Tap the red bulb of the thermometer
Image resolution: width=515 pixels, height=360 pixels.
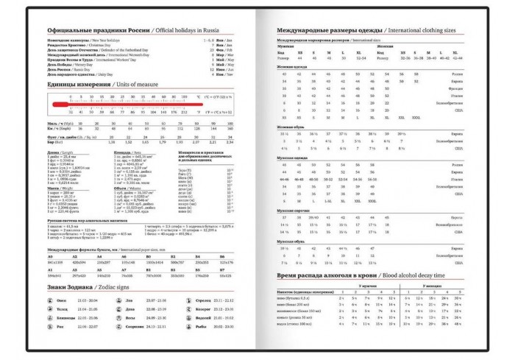point(56,104)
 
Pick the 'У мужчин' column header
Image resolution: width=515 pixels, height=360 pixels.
point(366,285)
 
